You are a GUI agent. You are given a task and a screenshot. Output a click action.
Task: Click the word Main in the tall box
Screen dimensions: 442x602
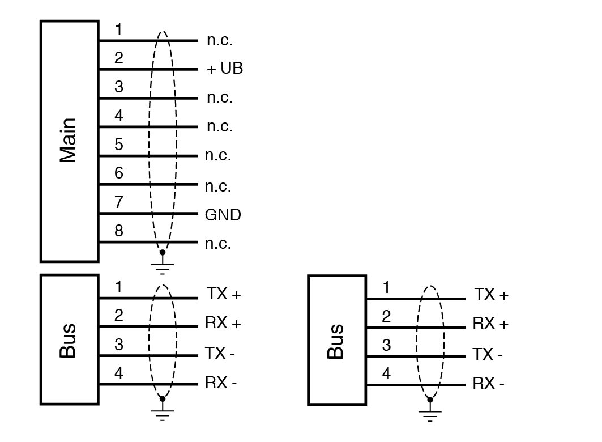(68, 140)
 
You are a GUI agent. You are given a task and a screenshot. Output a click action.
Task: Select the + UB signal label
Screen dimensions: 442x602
(225, 69)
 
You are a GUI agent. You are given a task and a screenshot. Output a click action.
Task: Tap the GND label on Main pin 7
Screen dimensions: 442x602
(223, 215)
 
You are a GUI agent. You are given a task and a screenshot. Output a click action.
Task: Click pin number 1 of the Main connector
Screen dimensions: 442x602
(118, 30)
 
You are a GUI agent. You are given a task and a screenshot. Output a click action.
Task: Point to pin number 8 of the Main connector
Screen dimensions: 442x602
(118, 231)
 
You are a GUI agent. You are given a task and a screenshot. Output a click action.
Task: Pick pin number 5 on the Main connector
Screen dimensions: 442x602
(118, 144)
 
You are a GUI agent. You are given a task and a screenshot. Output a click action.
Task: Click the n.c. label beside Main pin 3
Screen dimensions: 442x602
(220, 97)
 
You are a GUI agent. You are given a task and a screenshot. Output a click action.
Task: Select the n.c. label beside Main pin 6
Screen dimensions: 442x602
(218, 186)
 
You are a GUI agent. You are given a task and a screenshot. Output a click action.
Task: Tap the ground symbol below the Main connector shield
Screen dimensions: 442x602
(163, 265)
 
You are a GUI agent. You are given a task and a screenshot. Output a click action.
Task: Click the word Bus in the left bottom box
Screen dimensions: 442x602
(68, 340)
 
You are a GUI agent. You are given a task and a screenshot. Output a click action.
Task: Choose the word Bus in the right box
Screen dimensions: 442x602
(336, 341)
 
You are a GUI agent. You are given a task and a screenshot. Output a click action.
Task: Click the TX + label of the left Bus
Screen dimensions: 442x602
(224, 294)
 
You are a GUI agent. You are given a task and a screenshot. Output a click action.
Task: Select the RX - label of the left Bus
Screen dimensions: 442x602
(221, 383)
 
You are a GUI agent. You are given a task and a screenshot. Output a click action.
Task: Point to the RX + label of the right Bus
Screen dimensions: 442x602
(490, 324)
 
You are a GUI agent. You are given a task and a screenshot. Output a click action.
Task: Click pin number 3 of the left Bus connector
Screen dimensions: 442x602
(118, 345)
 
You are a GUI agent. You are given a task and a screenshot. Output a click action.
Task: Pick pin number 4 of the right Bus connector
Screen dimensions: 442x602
(386, 374)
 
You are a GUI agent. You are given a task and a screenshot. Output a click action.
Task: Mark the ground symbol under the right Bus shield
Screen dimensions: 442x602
(430, 415)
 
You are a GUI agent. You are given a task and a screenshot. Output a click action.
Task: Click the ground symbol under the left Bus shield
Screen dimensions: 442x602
(163, 414)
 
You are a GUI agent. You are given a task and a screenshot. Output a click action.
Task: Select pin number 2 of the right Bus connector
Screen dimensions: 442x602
(386, 316)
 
